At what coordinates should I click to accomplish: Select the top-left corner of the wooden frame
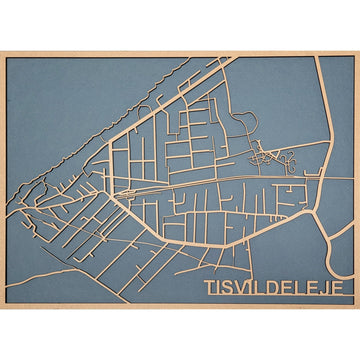click(x=3, y=53)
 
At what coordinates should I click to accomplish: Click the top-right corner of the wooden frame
click(x=356, y=53)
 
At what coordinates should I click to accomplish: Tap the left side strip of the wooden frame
click(x=3, y=180)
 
